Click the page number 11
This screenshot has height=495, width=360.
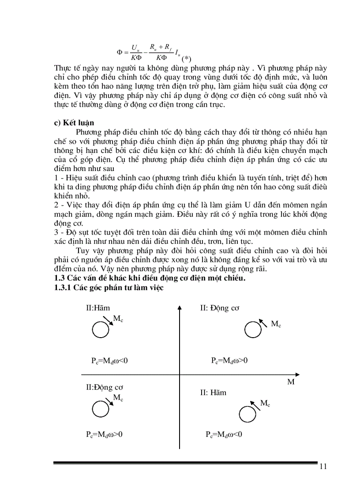[x=322, y=467]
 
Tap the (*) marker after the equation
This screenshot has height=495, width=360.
[x=187, y=59]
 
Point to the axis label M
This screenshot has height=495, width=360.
[x=291, y=382]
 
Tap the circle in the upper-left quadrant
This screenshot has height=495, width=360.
[x=100, y=328]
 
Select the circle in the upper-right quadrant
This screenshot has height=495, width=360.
[x=252, y=329]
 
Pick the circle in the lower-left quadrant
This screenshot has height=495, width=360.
[x=100, y=408]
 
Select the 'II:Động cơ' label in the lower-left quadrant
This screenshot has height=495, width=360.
[x=105, y=387]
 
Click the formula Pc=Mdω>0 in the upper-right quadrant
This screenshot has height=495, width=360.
[x=229, y=361]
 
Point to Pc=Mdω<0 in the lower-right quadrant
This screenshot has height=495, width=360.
[x=224, y=434]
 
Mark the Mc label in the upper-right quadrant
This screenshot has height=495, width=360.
[x=276, y=324]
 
